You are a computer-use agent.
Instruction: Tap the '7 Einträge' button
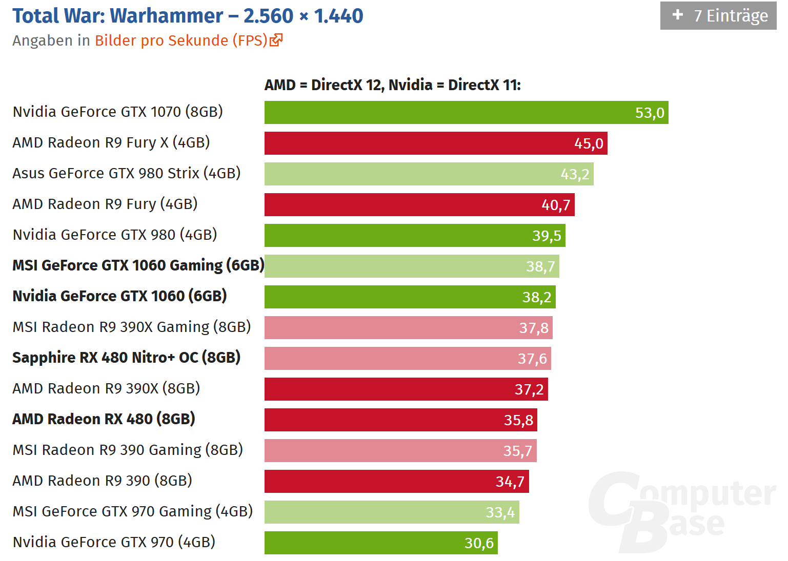coord(718,16)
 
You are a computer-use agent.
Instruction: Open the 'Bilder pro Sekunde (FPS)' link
coord(181,40)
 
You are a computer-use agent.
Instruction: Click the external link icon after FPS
coord(276,40)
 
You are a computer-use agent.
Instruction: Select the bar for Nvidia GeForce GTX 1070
coord(466,113)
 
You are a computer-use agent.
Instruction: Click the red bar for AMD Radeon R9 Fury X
coord(436,143)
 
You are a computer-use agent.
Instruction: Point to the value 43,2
coord(575,174)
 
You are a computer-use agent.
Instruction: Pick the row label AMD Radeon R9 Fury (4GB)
coord(105,204)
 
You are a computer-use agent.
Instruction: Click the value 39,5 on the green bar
coord(547,236)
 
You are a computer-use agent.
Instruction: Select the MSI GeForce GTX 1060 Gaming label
coord(138,265)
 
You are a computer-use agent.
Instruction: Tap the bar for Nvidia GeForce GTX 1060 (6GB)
coord(410,297)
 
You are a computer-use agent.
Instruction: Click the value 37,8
coord(534,328)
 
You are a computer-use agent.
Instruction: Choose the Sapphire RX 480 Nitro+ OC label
coord(126,358)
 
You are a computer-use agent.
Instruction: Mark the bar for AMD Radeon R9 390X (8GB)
coord(406,389)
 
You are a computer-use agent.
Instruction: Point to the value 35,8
coord(518,420)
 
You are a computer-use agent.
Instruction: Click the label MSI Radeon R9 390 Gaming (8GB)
coord(128,450)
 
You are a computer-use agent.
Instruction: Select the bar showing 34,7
coord(396,482)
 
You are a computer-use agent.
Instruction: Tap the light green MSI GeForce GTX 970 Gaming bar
coord(392,512)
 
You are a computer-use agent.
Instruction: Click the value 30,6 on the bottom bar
coord(479,543)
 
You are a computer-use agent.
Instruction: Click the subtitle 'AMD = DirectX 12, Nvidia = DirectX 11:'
coord(393,85)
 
